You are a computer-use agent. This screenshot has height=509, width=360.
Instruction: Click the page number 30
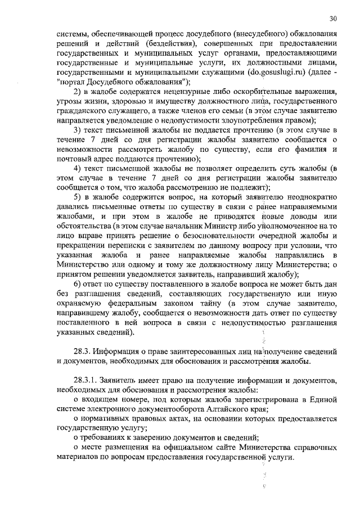pos(334,17)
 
